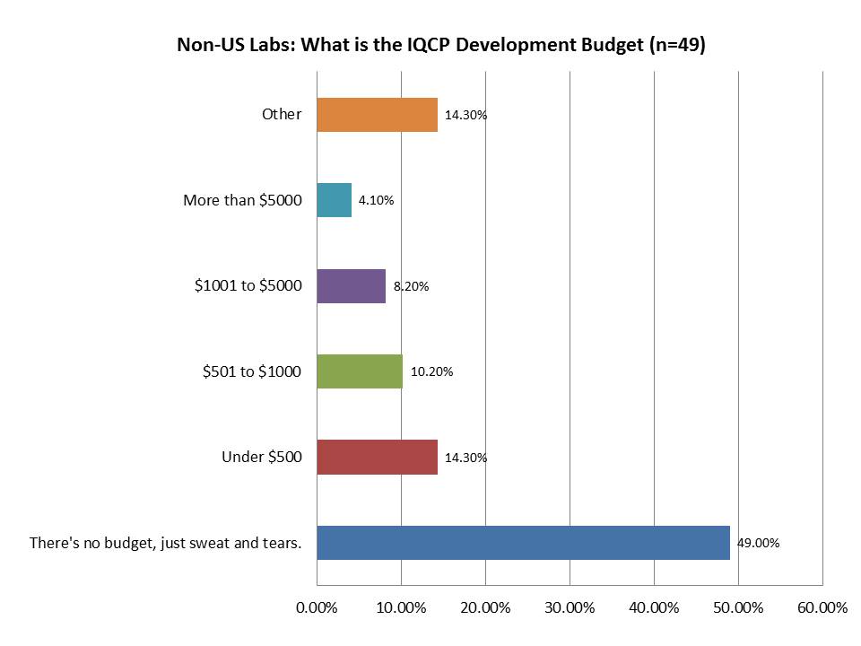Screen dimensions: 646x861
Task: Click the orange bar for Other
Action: tap(377, 115)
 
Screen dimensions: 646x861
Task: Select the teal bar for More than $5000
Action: tap(334, 200)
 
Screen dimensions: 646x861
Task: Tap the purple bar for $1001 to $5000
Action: tap(351, 286)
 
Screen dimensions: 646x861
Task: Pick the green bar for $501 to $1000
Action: tap(360, 371)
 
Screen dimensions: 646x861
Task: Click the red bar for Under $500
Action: tap(377, 457)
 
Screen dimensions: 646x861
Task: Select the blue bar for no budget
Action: tap(523, 543)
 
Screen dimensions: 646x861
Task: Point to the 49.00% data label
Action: tap(758, 543)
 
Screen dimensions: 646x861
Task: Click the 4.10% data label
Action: tap(376, 200)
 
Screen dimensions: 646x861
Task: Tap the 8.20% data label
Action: tap(411, 286)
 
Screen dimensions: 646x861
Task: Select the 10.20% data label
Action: tap(430, 371)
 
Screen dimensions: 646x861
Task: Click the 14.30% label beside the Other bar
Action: tap(465, 115)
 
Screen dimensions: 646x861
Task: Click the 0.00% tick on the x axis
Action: tap(317, 607)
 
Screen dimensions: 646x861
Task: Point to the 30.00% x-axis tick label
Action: tap(570, 607)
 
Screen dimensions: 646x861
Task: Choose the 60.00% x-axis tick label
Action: tap(822, 607)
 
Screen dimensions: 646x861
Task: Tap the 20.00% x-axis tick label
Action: tap(485, 607)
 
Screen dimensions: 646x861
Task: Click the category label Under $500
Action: tap(261, 457)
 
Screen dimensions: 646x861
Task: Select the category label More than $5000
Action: tap(242, 200)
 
